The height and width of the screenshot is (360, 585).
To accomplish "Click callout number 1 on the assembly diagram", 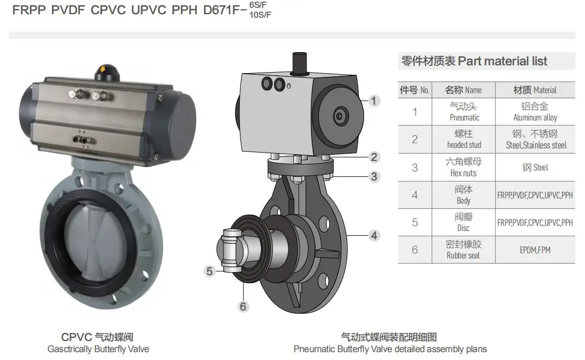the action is [x=374, y=101].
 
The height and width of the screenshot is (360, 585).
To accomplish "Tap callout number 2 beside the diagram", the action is [x=374, y=157].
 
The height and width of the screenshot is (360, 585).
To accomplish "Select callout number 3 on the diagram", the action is [x=374, y=176].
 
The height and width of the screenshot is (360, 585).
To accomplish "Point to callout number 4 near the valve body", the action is [x=374, y=235].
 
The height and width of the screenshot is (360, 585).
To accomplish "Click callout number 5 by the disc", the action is [x=210, y=271].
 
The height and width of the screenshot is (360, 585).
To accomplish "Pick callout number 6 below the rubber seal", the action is [x=243, y=307].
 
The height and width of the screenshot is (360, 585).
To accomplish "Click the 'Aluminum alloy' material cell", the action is [x=535, y=112].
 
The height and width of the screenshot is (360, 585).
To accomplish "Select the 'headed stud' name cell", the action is [x=464, y=139].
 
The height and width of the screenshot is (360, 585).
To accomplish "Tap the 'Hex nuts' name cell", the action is [x=464, y=167].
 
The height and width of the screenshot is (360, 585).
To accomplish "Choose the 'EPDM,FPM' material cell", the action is [x=535, y=249].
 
